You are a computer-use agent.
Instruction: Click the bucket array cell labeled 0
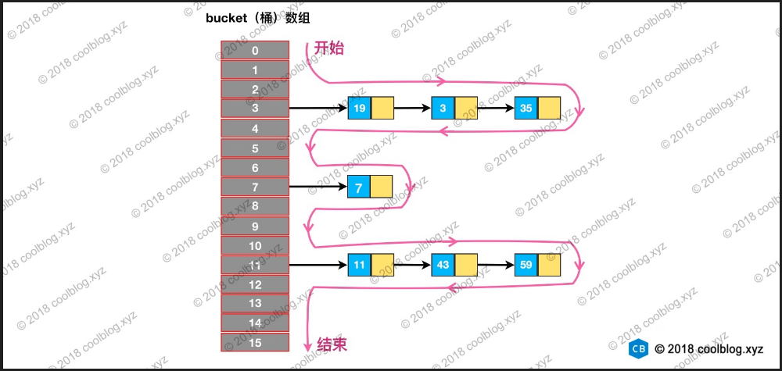(x=255, y=50)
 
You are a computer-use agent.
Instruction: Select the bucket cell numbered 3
(x=255, y=109)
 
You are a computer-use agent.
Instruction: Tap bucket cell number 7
(x=255, y=187)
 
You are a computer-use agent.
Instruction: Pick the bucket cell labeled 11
(x=255, y=265)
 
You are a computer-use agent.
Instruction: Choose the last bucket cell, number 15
(x=255, y=342)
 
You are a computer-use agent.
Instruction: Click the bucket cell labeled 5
(x=255, y=148)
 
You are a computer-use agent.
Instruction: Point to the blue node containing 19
(x=360, y=109)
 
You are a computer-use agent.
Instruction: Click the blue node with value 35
(x=526, y=109)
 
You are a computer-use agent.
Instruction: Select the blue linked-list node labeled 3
(x=443, y=109)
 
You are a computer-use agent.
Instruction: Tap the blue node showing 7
(x=359, y=187)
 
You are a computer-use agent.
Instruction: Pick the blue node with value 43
(x=443, y=265)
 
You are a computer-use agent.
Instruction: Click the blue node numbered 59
(x=526, y=265)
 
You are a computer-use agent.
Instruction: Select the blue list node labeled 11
(x=360, y=265)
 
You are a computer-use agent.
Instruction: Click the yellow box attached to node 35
(x=550, y=109)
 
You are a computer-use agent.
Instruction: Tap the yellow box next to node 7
(x=381, y=187)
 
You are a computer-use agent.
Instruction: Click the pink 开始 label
(x=329, y=48)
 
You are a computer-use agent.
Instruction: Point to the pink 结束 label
(x=332, y=344)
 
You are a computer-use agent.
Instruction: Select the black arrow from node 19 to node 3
(x=412, y=109)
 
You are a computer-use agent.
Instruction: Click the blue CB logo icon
(x=639, y=349)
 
